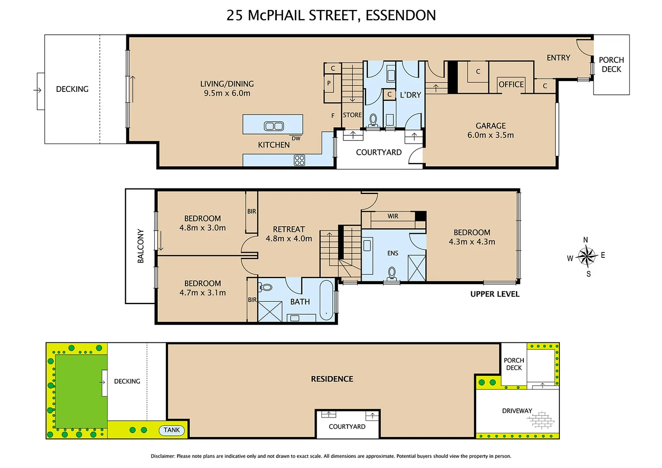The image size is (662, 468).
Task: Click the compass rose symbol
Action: point(586,256)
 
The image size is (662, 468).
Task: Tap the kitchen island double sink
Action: point(274,126)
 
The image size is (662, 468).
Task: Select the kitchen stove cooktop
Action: point(299,160)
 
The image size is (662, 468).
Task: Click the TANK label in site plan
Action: point(172,430)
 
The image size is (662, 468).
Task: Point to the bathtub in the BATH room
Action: point(326,300)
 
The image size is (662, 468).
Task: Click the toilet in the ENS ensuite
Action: point(392,273)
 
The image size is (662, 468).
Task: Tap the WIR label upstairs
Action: point(393,216)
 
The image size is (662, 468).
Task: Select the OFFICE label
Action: point(511,84)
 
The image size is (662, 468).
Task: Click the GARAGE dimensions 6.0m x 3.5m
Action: point(490,135)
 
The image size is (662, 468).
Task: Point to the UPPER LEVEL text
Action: point(495,294)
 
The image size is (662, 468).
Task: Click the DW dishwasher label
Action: point(296,138)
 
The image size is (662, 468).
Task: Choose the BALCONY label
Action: point(140,246)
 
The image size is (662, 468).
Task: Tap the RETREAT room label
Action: point(289,229)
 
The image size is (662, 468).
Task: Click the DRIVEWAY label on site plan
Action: point(517,410)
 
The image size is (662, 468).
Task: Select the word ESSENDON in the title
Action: point(400,15)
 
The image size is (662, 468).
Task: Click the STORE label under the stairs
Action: point(352,115)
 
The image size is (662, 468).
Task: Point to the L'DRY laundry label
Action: point(410,95)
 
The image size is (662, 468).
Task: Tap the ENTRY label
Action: point(558,58)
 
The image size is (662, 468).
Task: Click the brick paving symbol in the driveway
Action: point(540,420)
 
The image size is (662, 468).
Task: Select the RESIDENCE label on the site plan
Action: point(332,379)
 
